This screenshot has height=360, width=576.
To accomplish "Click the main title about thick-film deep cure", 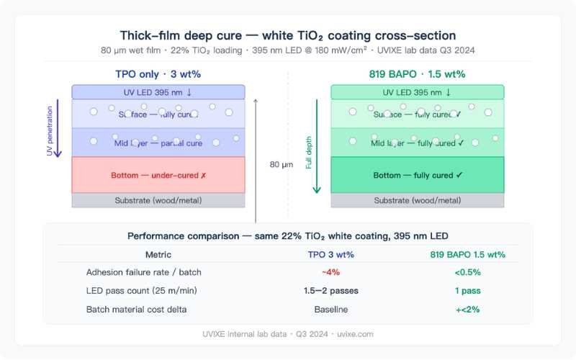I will click(287, 35).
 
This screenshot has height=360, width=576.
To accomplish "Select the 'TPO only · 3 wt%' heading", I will click(158, 73).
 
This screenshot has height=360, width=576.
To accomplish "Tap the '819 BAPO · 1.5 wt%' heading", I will click(417, 73).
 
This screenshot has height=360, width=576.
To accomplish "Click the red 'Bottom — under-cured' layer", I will click(158, 175).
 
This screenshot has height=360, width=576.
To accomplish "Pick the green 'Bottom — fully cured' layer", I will click(418, 175).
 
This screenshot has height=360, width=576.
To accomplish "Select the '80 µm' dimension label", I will click(282, 164).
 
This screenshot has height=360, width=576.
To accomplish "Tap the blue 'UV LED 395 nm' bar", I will click(158, 92).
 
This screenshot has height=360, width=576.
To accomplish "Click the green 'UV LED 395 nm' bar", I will click(418, 92).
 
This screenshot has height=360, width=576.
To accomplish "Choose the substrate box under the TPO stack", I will click(158, 200).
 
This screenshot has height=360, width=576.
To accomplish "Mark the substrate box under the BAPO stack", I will click(418, 200).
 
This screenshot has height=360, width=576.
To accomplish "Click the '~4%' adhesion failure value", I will click(330, 272).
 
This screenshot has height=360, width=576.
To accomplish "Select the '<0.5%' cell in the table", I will click(467, 272).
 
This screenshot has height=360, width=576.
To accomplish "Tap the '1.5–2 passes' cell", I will click(330, 290).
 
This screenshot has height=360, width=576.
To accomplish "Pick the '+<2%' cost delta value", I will click(467, 309).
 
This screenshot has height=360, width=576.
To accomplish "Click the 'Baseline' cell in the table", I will click(330, 309).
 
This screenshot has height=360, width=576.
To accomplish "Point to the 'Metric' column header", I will click(158, 254).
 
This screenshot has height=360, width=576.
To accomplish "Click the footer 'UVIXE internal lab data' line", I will click(287, 334).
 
